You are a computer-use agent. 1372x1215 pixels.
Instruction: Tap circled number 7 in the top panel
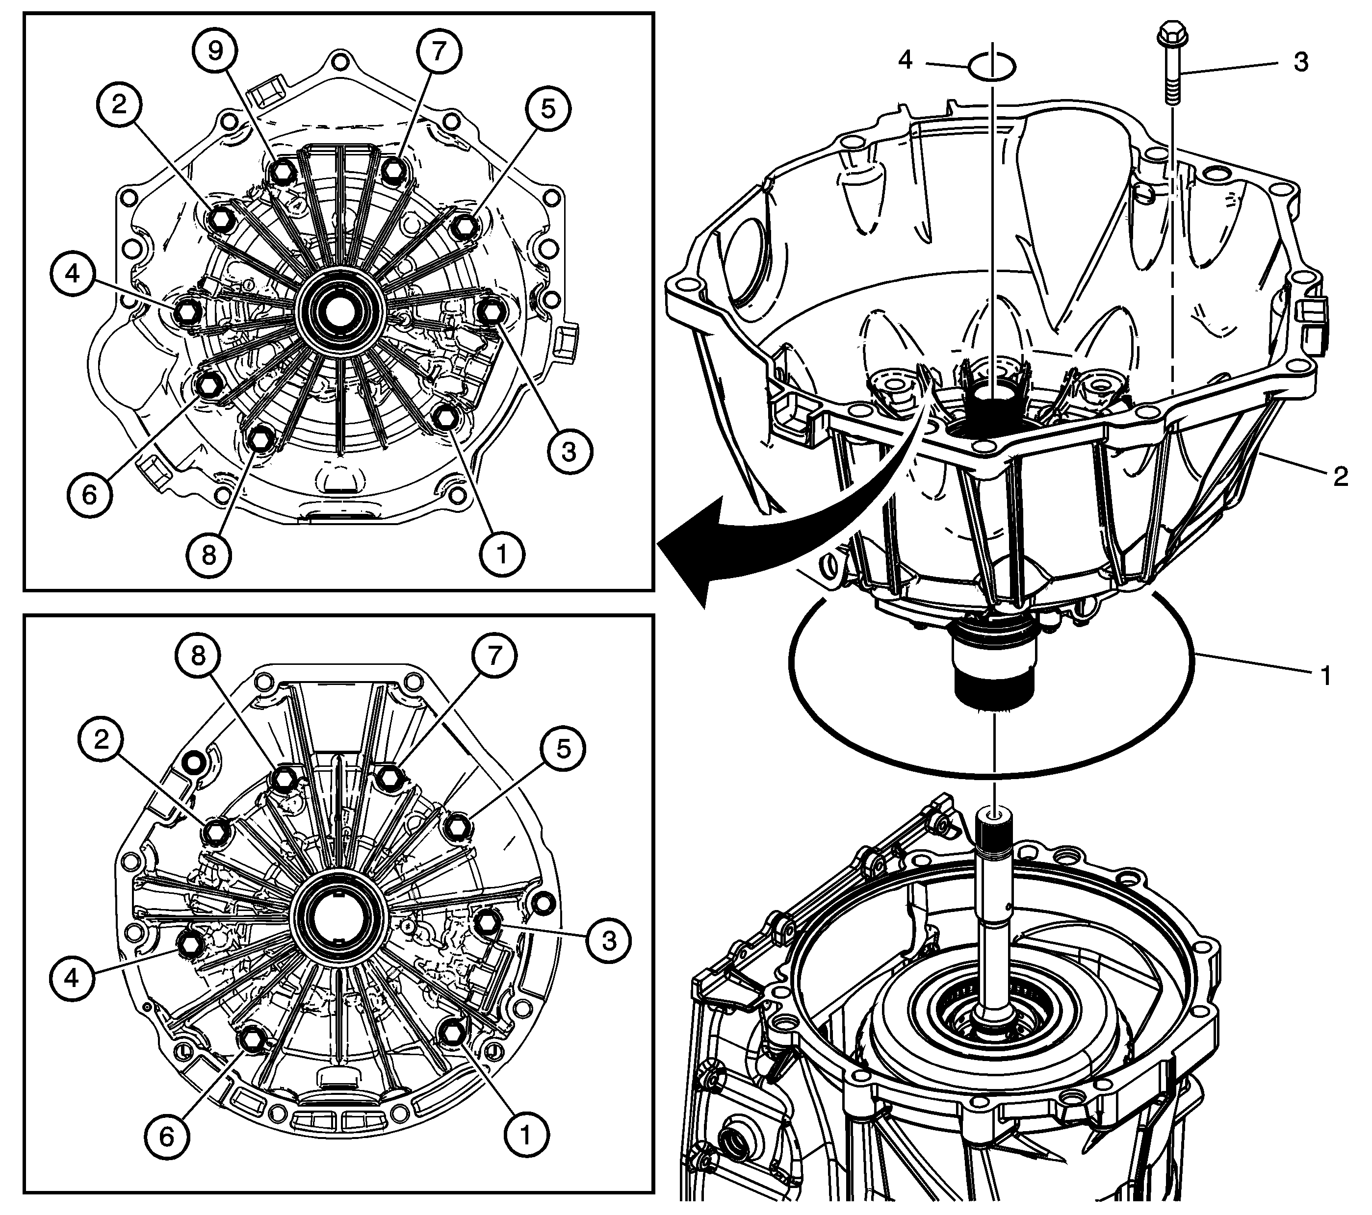click(x=439, y=51)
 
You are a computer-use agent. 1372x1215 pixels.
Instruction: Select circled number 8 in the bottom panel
click(x=198, y=656)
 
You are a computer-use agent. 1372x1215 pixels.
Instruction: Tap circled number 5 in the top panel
click(x=548, y=109)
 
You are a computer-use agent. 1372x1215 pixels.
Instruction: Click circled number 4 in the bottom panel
click(x=72, y=978)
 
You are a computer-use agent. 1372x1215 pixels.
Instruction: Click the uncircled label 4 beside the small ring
click(x=906, y=60)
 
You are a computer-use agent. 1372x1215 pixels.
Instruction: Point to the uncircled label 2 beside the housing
click(x=1341, y=477)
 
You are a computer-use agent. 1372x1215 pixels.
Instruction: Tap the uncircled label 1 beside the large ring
click(x=1326, y=676)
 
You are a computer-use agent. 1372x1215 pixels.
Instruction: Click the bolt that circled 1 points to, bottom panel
click(x=450, y=1035)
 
